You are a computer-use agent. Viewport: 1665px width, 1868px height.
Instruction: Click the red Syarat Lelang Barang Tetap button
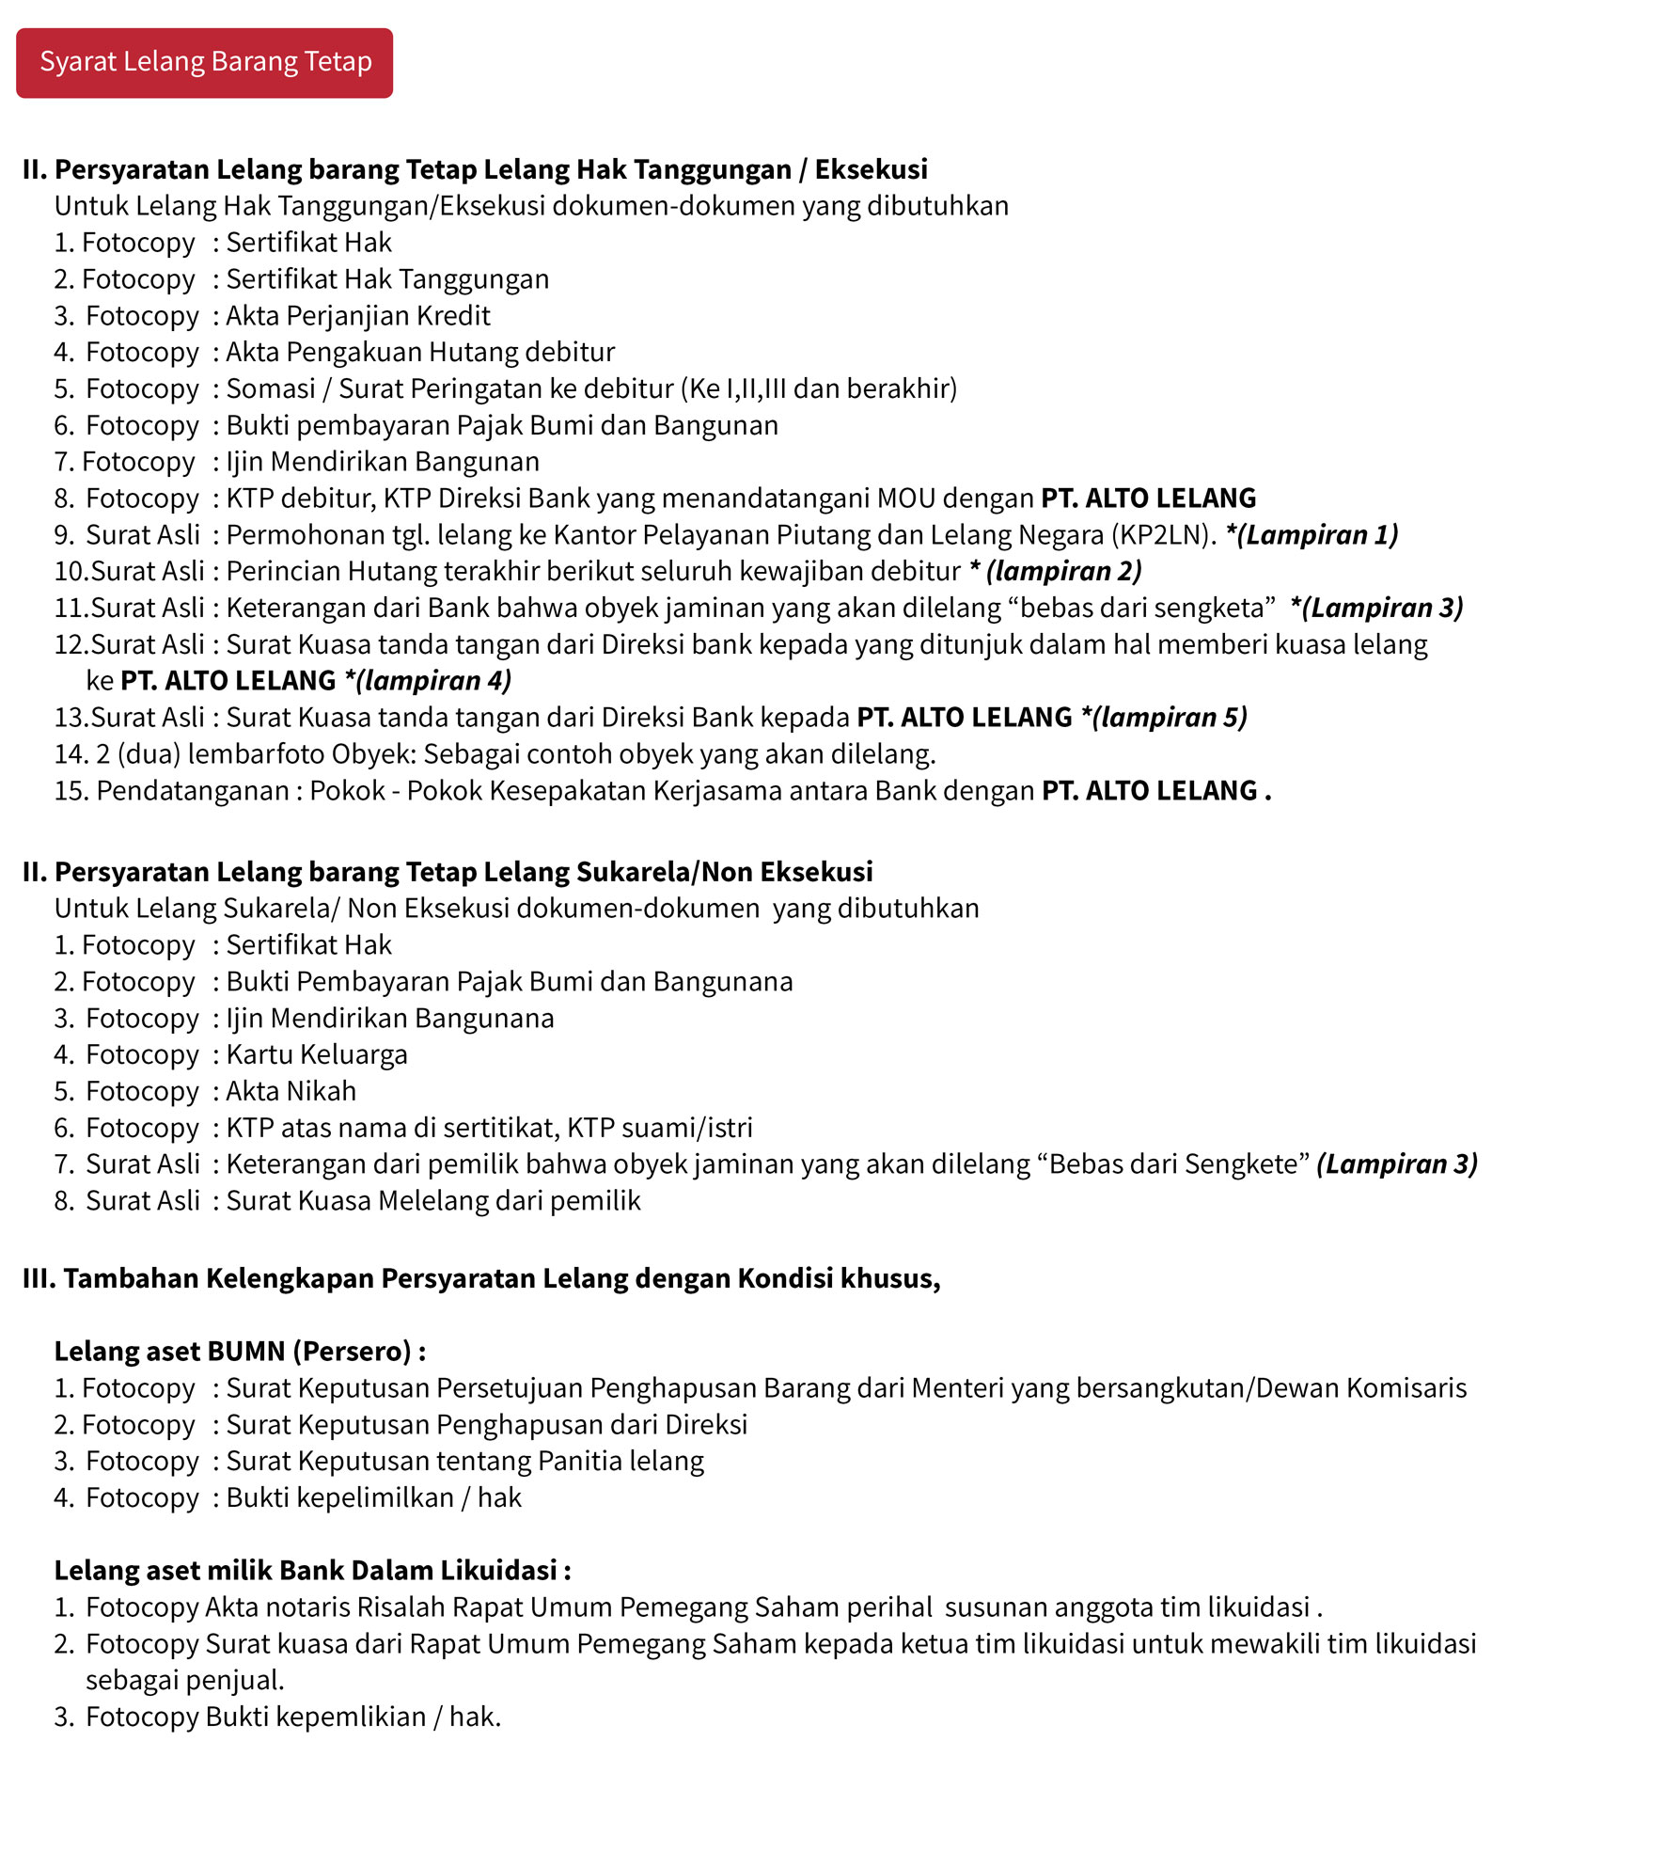coord(204,63)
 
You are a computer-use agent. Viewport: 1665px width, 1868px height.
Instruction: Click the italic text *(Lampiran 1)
coord(1312,534)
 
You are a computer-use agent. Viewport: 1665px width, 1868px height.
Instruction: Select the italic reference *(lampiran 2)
coord(1056,571)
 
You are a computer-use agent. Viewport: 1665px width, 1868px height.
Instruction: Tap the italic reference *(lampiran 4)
coord(428,680)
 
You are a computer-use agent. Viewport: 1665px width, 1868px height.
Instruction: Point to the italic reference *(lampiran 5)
coord(1164,717)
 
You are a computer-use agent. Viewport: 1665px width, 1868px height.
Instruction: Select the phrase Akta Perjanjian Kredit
coord(358,315)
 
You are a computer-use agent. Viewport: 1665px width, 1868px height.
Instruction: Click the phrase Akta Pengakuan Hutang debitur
coord(420,352)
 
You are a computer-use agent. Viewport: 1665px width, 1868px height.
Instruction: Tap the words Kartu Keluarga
coord(317,1054)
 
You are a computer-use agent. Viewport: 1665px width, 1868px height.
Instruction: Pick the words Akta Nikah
coord(291,1091)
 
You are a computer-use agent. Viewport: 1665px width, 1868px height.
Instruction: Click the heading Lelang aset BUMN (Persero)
coord(240,1352)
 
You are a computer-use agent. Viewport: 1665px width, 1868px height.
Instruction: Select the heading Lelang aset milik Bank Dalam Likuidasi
coord(312,1571)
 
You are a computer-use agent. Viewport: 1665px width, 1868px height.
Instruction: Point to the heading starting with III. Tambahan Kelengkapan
coord(481,1278)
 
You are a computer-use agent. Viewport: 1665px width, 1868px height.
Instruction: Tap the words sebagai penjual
coord(185,1680)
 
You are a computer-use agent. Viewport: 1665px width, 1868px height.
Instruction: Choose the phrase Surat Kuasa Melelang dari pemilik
coord(433,1201)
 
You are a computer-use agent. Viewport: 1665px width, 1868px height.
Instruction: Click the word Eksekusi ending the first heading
coord(871,169)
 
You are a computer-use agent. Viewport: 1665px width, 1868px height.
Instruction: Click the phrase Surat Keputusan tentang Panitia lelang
coord(465,1461)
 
